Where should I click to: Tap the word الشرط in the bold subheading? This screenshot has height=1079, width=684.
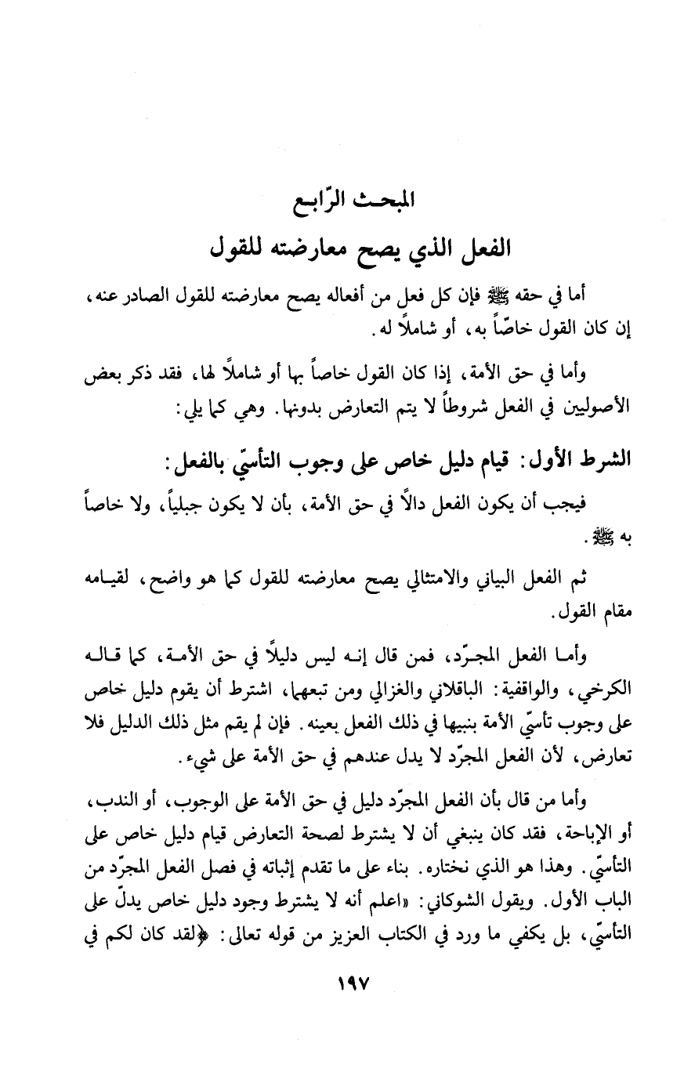[592, 459]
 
